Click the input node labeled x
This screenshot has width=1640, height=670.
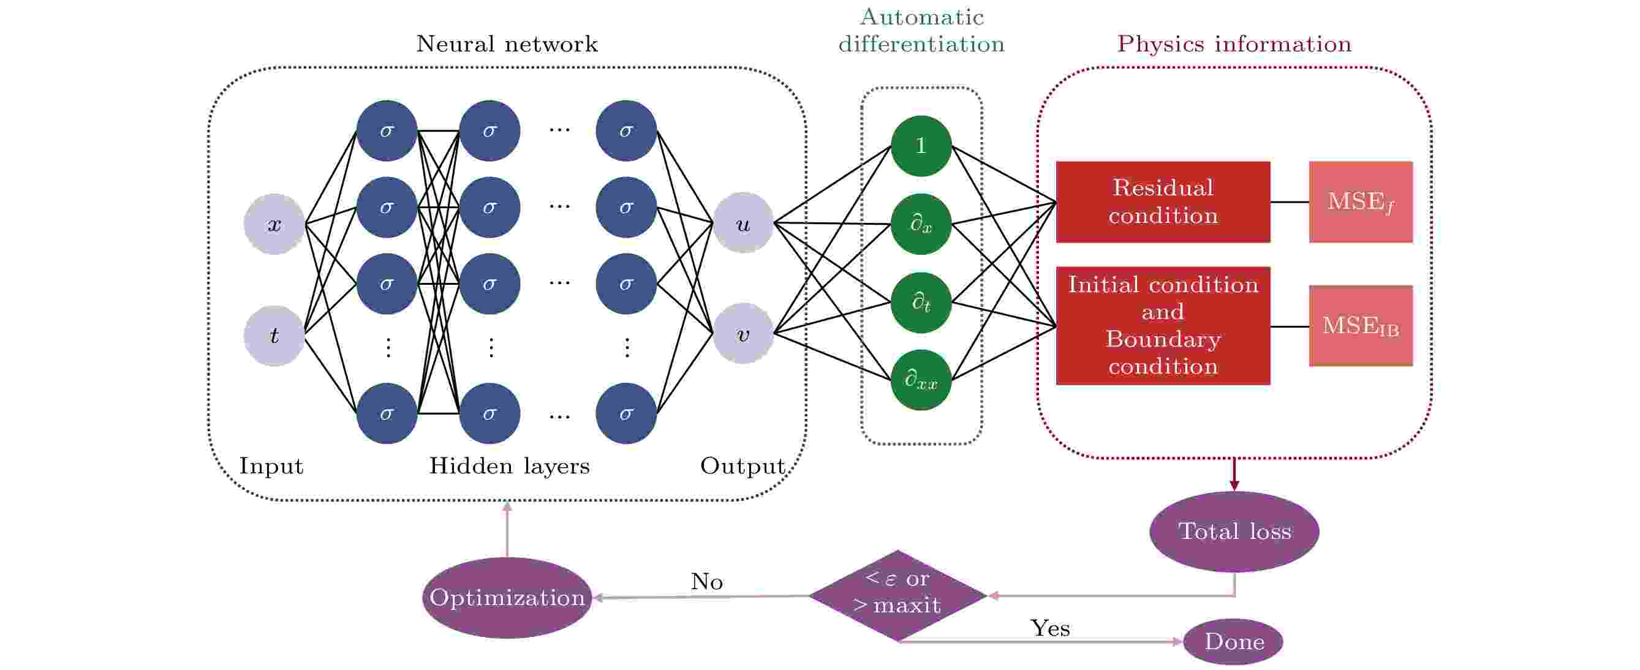[274, 224]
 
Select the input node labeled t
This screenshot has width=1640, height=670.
[274, 336]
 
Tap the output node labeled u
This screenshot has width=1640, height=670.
[743, 223]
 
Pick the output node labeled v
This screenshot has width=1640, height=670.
[743, 333]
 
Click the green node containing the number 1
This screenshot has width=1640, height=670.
[921, 146]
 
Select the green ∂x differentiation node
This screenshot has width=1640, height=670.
[921, 224]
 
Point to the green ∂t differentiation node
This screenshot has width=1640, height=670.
[921, 302]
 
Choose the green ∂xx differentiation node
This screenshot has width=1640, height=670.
[921, 380]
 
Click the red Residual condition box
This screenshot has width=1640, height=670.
[1163, 201]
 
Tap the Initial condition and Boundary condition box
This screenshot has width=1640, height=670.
[1163, 325]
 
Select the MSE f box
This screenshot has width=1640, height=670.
[1361, 201]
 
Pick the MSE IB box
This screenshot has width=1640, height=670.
[1361, 325]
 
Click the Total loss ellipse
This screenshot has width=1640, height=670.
[1234, 532]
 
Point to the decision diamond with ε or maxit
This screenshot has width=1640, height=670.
[897, 595]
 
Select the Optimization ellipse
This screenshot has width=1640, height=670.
[507, 598]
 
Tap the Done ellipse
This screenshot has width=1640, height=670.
[1233, 641]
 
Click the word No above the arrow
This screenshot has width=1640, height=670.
[707, 582]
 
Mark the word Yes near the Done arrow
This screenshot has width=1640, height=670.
[1050, 628]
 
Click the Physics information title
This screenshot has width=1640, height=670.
[1234, 44]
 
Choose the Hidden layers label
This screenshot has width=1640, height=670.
[509, 466]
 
